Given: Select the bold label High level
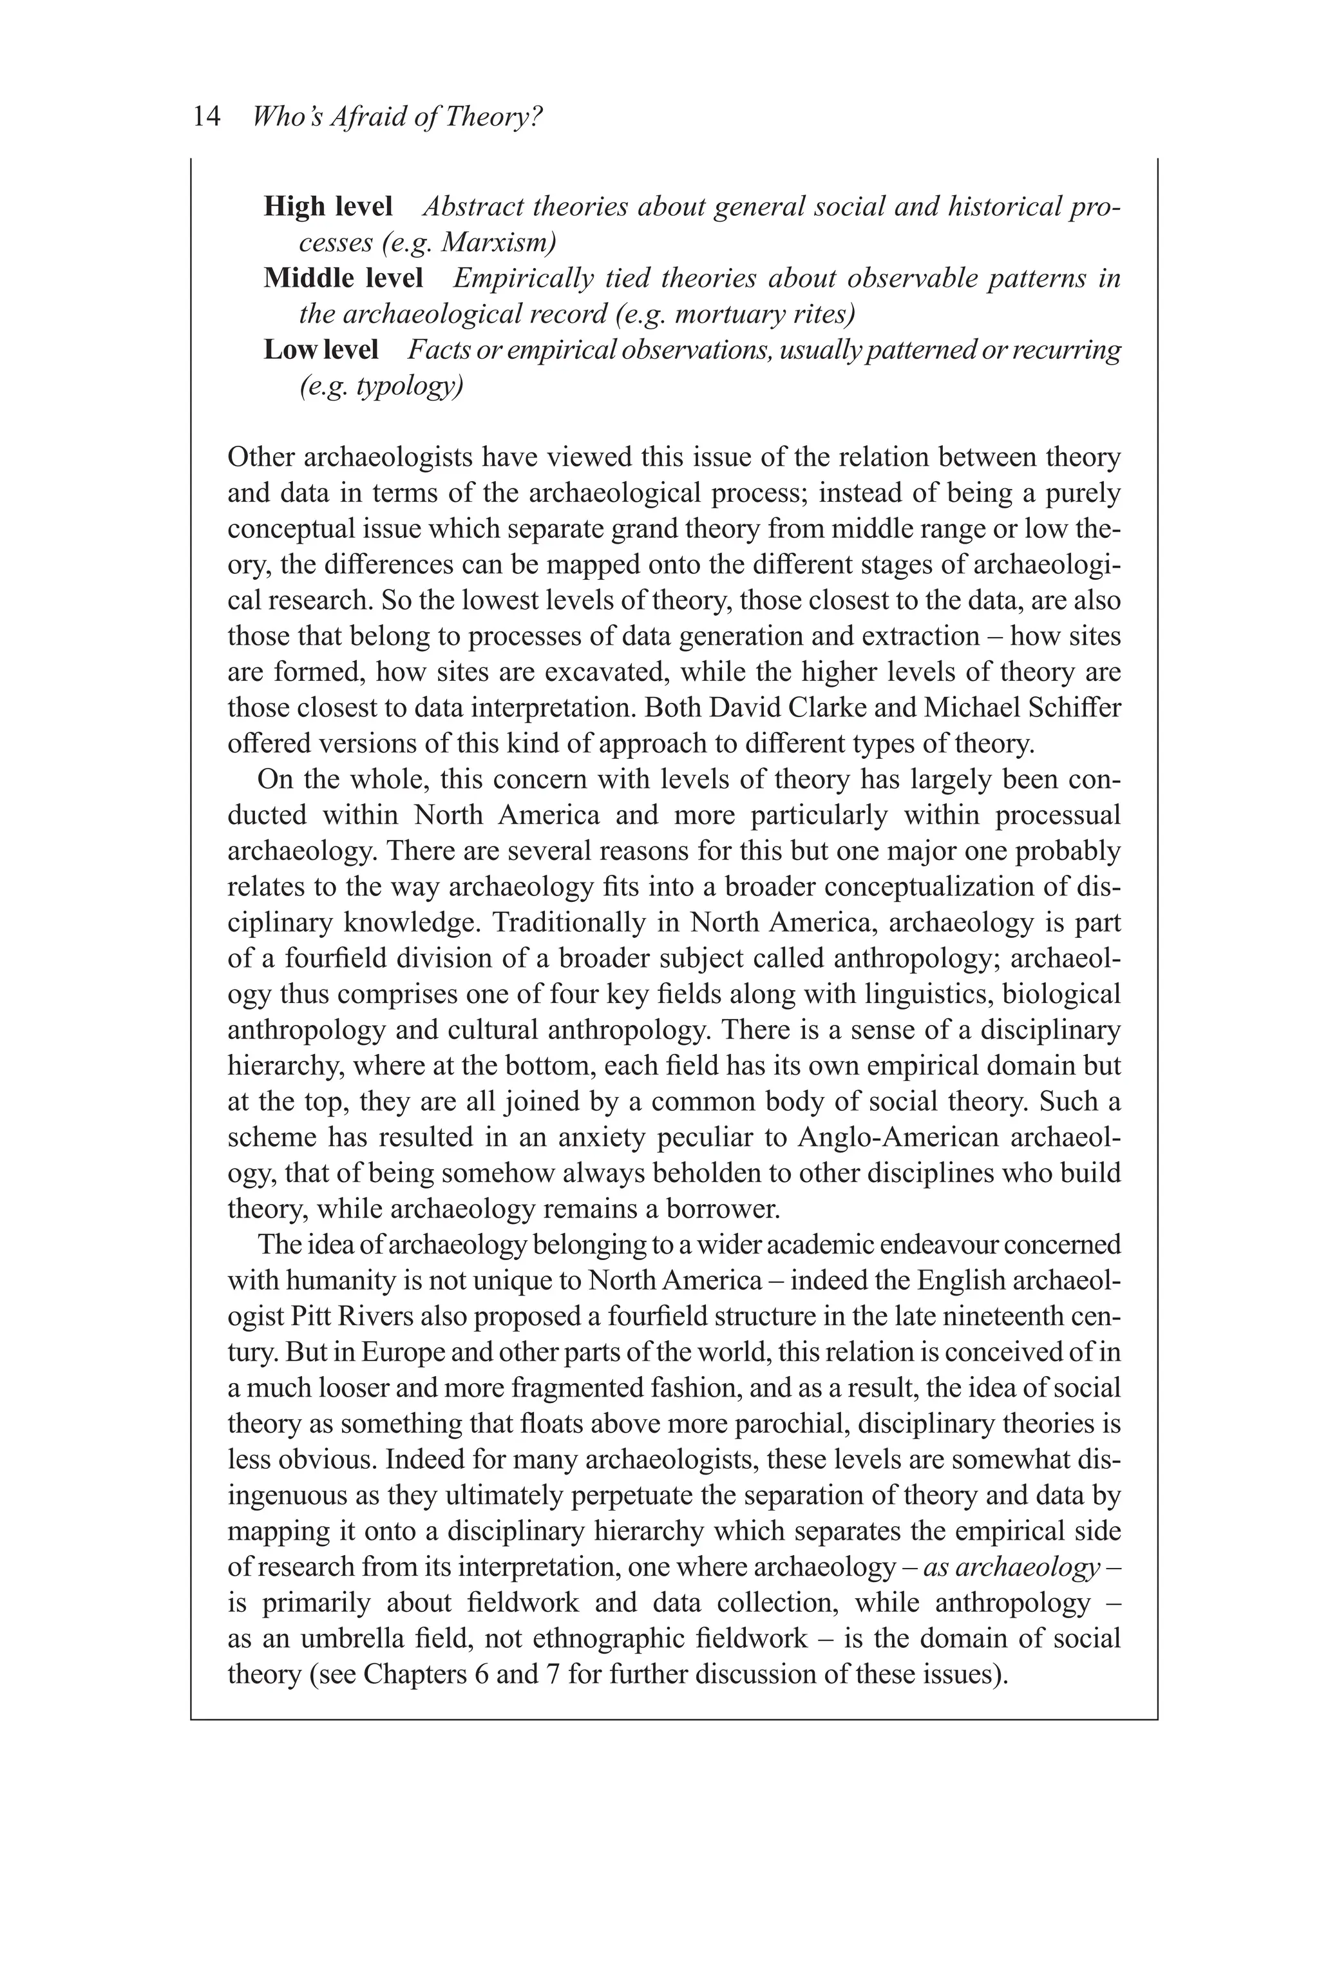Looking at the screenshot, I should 328,206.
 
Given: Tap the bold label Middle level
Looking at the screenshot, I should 343,278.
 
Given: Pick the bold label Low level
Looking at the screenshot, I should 321,349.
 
